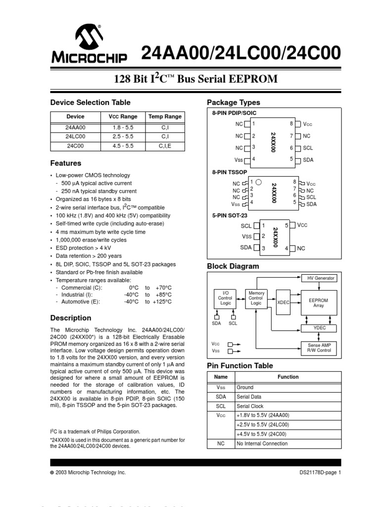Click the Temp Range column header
point(165,117)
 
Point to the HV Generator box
point(321,278)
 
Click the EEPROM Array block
point(318,303)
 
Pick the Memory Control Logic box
point(256,298)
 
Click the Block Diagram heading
point(233,266)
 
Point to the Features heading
point(66,163)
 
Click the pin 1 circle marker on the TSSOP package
point(258,182)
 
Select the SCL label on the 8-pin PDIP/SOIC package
point(308,148)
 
